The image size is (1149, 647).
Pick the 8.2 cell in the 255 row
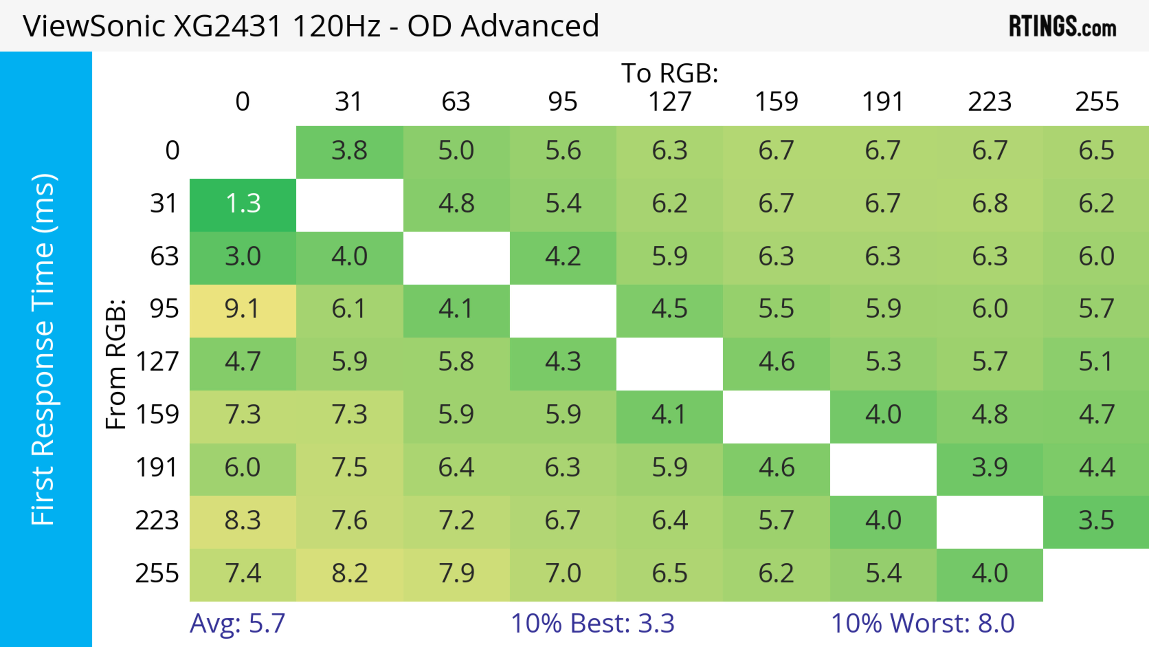point(349,573)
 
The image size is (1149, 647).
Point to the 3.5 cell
point(1096,521)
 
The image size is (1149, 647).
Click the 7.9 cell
point(456,573)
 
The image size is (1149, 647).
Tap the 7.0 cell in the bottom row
point(563,573)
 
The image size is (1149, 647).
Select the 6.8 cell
point(989,204)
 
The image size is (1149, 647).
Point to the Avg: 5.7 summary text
point(237,623)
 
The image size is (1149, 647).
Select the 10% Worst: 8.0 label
point(922,623)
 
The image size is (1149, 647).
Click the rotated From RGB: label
point(116,364)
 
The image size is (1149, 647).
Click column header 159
point(776,102)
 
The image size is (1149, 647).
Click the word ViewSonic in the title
point(94,26)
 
